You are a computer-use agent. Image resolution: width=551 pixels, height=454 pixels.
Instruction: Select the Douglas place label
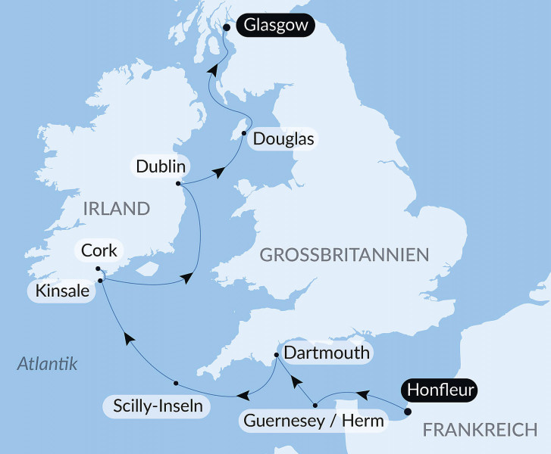283,139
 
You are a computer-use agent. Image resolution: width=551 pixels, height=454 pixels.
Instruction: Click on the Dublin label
160,165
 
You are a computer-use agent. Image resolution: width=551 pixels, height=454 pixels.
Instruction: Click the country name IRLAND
117,207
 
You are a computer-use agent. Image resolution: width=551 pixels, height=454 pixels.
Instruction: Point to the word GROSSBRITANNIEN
345,255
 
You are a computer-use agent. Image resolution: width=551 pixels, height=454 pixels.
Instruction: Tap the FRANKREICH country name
479,430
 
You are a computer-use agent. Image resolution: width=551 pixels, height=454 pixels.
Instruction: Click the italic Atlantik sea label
48,364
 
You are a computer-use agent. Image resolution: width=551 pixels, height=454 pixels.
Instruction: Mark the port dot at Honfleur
408,412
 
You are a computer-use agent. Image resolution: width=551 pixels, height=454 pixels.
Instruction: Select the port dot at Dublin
177,183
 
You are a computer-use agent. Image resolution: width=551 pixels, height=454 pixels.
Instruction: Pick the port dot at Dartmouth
277,354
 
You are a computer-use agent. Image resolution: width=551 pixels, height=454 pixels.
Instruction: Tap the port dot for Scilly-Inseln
175,381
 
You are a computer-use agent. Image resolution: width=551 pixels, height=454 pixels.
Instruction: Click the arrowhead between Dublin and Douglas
219,173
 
